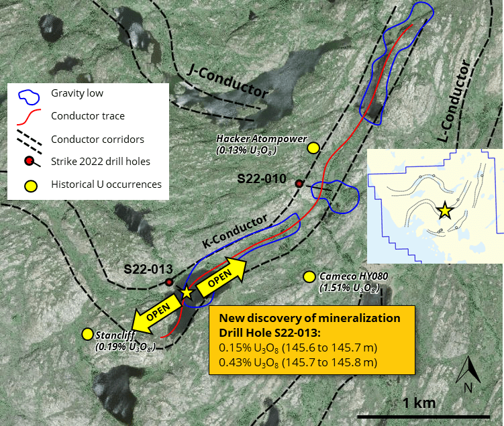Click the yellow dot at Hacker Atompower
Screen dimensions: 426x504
coord(313,148)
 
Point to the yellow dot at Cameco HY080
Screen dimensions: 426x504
coord(309,276)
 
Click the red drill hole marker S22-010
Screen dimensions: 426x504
coord(299,183)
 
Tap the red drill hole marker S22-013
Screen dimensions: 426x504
coord(169,282)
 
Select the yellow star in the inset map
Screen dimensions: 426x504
coord(444,211)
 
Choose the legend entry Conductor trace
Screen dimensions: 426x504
coord(88,116)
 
